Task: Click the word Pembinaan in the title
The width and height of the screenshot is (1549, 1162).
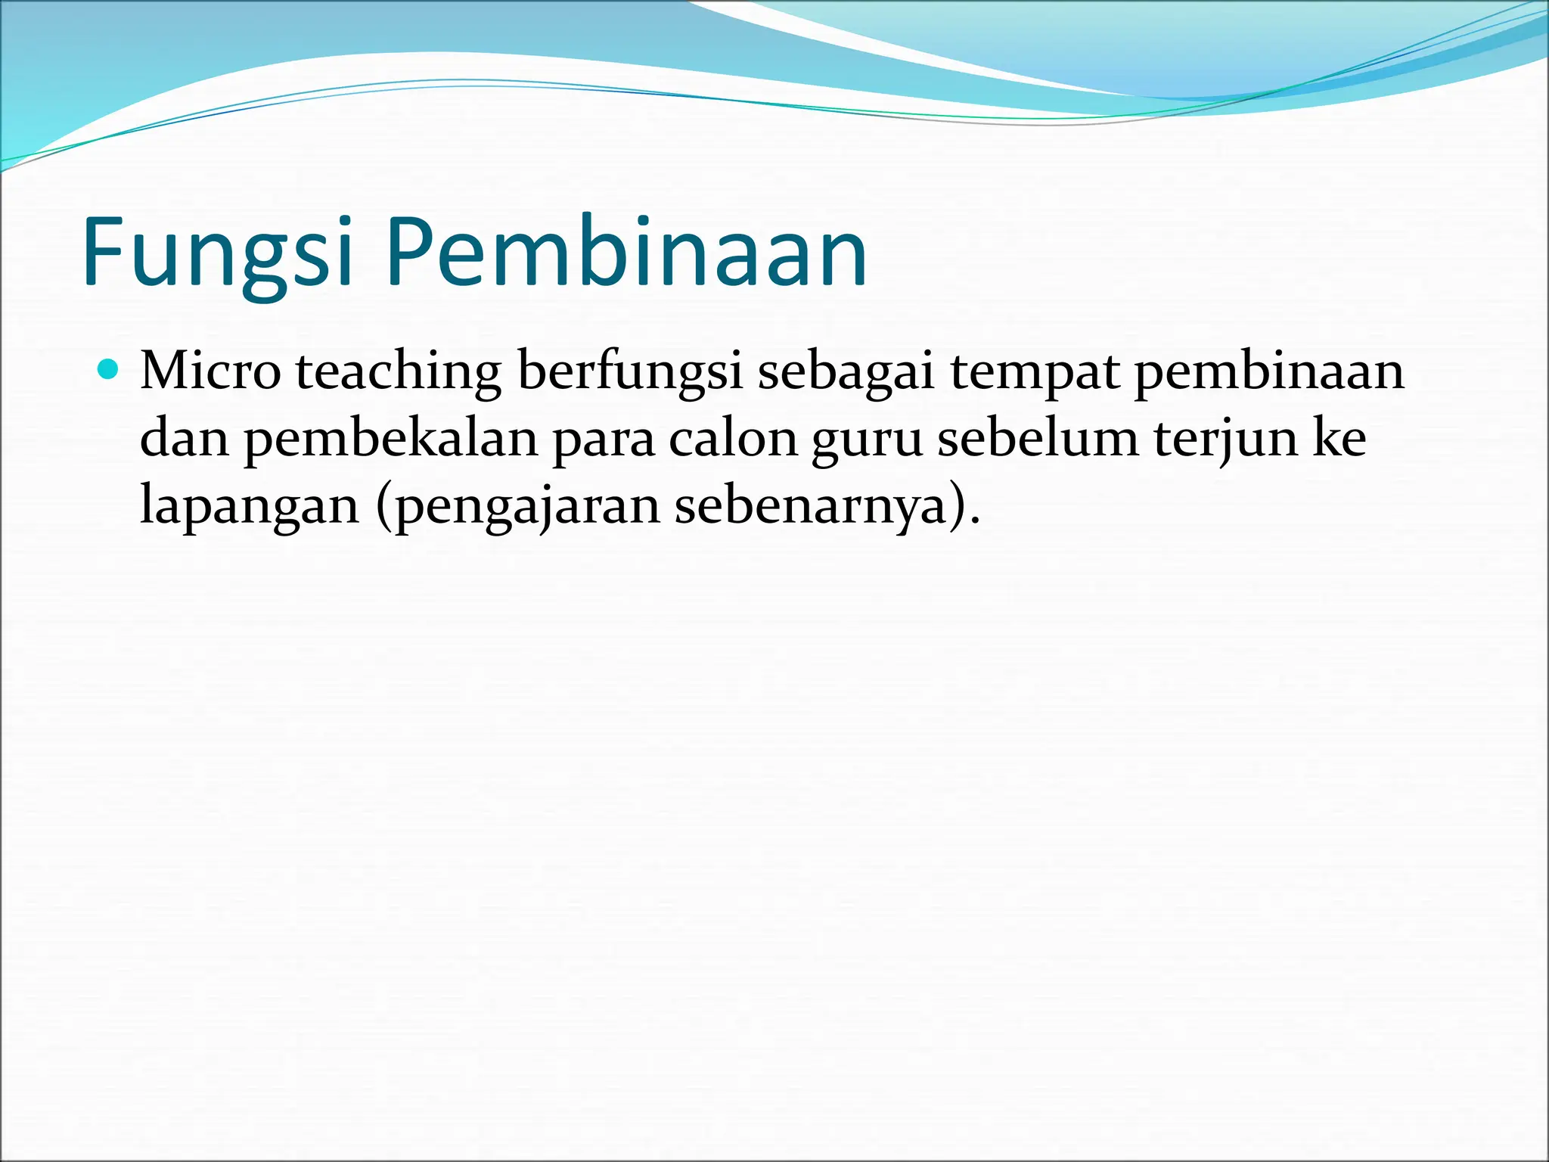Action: pyautogui.click(x=626, y=253)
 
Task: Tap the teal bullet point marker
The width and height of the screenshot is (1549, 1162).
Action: pyautogui.click(x=110, y=370)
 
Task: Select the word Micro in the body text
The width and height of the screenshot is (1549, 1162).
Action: pyautogui.click(x=210, y=372)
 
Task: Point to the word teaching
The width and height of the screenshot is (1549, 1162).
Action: pyautogui.click(x=398, y=372)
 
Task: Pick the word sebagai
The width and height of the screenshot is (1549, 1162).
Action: pyautogui.click(x=846, y=372)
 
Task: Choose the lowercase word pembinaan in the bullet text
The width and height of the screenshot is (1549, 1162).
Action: pyautogui.click(x=1269, y=372)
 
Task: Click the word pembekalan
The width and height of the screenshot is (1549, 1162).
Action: pyautogui.click(x=390, y=440)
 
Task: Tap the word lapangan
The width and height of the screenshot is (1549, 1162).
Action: pyautogui.click(x=250, y=506)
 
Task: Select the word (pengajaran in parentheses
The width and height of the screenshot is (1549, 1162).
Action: pyautogui.click(x=518, y=506)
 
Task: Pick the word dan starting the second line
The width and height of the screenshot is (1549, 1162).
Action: pyautogui.click(x=185, y=440)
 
